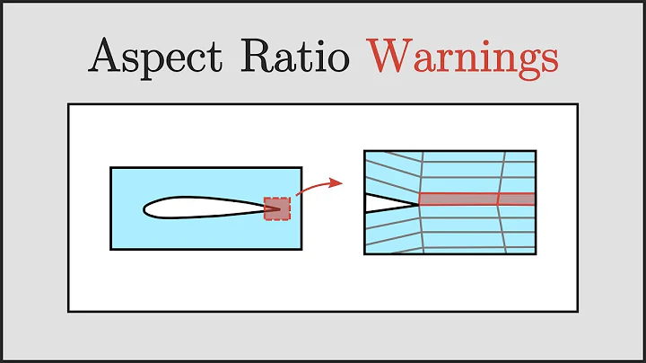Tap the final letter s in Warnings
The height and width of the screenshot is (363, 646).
(549, 59)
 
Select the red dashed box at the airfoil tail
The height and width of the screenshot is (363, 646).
(277, 208)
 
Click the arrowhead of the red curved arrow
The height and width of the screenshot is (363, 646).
(338, 183)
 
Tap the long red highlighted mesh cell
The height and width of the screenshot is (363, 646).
(458, 199)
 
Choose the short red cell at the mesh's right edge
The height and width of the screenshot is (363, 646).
(518, 199)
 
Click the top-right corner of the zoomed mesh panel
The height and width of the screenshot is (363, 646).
(536, 151)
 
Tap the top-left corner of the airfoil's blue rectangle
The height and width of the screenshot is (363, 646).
(110, 167)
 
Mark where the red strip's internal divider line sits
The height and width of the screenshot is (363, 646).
(499, 199)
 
